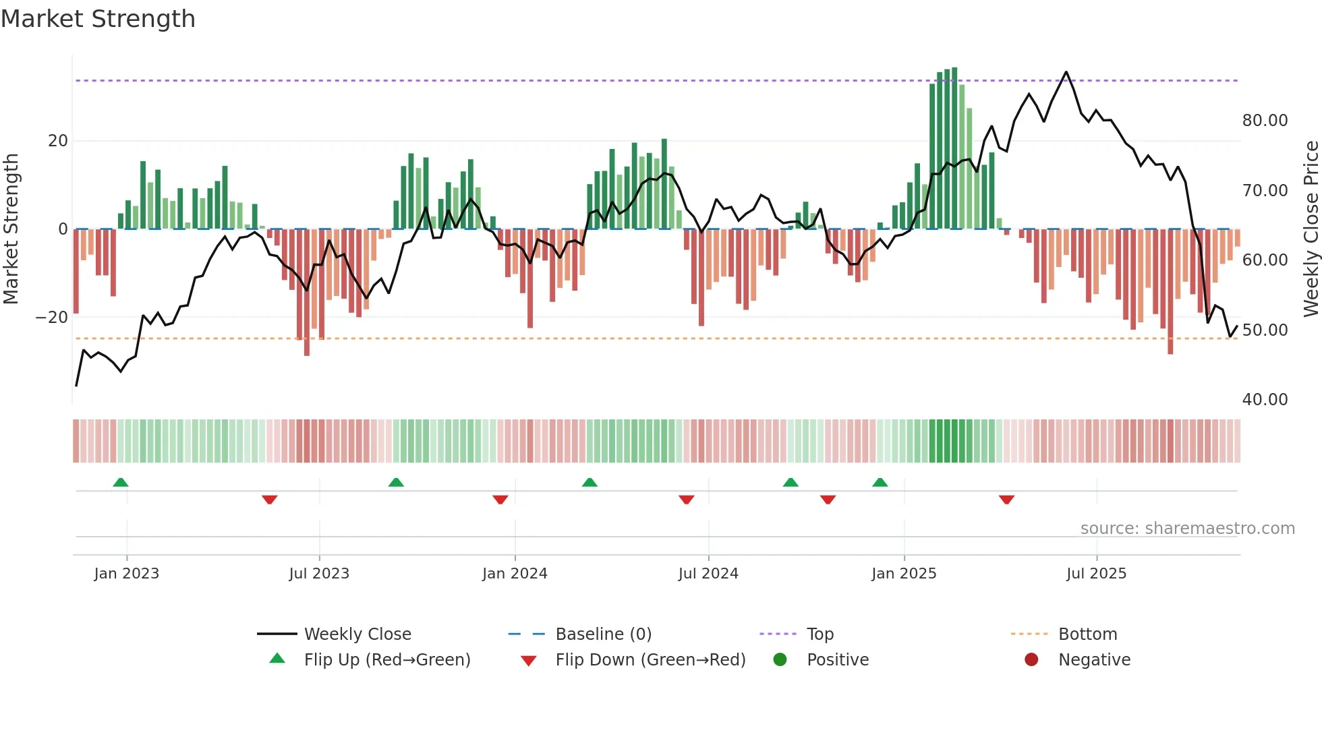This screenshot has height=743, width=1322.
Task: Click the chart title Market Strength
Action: tap(98, 19)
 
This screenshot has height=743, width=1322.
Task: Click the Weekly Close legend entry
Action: tap(357, 634)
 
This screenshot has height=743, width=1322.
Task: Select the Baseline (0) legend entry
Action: tap(603, 634)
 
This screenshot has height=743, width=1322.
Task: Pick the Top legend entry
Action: tap(820, 634)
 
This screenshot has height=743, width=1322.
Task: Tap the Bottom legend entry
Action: tap(1087, 634)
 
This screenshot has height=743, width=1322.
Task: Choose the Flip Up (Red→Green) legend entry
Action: tap(386, 659)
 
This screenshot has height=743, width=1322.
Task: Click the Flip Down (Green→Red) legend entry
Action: tap(650, 659)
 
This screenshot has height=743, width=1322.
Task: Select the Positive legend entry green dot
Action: tap(780, 659)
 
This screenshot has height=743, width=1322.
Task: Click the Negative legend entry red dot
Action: tap(1031, 659)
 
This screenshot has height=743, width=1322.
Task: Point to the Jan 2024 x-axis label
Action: tap(515, 573)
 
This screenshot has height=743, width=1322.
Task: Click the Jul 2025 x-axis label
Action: tap(1096, 573)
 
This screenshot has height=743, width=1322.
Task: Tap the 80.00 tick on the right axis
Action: tap(1265, 121)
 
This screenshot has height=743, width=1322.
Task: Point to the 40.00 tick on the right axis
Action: tap(1265, 400)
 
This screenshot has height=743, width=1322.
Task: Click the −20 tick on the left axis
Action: tap(52, 318)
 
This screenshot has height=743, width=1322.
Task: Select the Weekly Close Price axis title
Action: tap(1311, 229)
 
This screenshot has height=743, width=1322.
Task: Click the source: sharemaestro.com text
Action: tap(1187, 529)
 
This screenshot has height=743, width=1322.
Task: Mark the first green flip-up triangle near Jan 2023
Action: tap(121, 483)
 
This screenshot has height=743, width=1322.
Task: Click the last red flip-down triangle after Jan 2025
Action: tap(1006, 500)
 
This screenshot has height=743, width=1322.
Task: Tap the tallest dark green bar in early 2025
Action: tap(954, 148)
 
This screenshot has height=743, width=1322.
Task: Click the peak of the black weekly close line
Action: tap(1066, 72)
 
